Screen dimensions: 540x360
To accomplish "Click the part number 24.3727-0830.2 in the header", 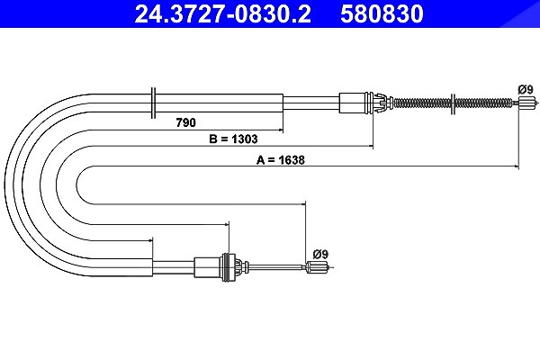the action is [223, 13].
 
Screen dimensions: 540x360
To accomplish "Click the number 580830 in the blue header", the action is [382, 13].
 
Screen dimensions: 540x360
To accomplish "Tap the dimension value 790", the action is [185, 122].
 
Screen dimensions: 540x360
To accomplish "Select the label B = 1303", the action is [233, 139].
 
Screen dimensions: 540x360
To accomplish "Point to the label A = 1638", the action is [280, 160].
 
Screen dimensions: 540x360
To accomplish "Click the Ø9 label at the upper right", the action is [526, 90].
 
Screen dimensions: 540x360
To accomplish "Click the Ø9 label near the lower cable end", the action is [320, 254].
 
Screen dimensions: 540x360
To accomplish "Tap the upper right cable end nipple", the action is [527, 103].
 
